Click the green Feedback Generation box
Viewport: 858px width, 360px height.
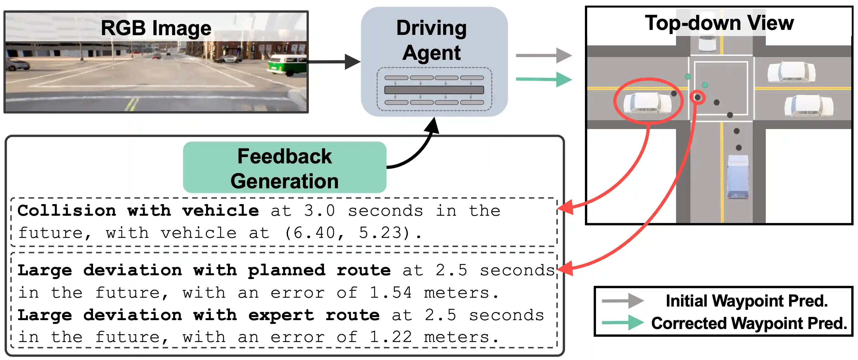(x=284, y=168)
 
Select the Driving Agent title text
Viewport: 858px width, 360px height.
(x=432, y=40)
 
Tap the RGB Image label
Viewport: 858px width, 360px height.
(x=156, y=28)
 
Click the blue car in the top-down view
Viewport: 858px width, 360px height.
(x=738, y=176)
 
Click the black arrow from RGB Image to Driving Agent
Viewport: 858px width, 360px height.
(x=333, y=61)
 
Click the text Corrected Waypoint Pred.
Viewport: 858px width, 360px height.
(x=749, y=323)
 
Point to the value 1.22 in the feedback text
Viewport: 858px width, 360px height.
(x=391, y=337)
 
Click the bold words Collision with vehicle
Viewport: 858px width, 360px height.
(x=138, y=211)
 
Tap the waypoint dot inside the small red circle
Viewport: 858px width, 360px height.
(x=697, y=97)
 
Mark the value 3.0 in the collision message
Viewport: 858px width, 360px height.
(x=319, y=211)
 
